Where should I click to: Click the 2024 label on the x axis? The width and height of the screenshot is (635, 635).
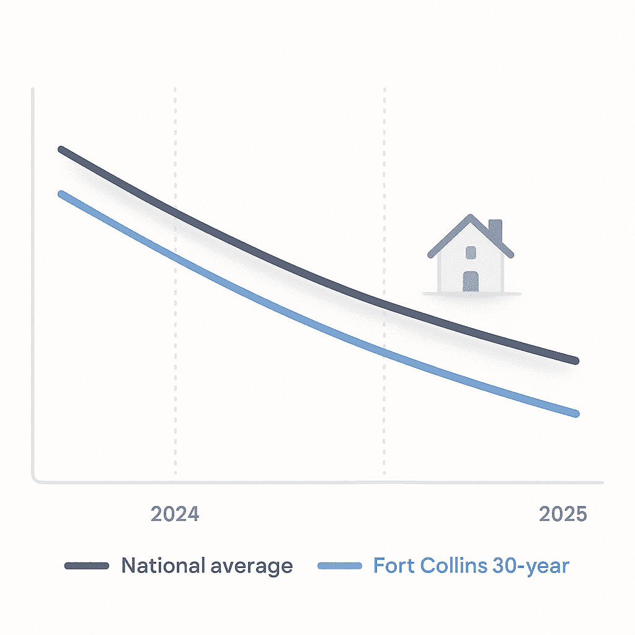pos(175,515)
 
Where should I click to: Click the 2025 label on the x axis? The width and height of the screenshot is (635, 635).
pos(562,515)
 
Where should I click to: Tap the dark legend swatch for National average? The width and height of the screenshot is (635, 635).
pos(87,566)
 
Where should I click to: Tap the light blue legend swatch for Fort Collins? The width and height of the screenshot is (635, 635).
pos(339,566)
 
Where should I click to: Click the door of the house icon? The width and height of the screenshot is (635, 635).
pos(471,281)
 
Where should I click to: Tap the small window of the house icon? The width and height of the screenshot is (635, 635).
pos(471,252)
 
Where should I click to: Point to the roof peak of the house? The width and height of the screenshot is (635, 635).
pos(471,216)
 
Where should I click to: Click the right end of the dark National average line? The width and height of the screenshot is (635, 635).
pos(576,360)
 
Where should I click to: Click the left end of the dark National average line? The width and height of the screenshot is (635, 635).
pos(61,149)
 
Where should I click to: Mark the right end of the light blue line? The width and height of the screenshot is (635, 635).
pos(576,414)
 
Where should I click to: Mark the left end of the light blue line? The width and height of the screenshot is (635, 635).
pos(61,193)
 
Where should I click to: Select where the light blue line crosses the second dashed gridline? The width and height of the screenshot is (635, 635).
pos(384,354)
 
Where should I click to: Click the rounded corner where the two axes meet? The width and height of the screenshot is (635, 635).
pos(35,479)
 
